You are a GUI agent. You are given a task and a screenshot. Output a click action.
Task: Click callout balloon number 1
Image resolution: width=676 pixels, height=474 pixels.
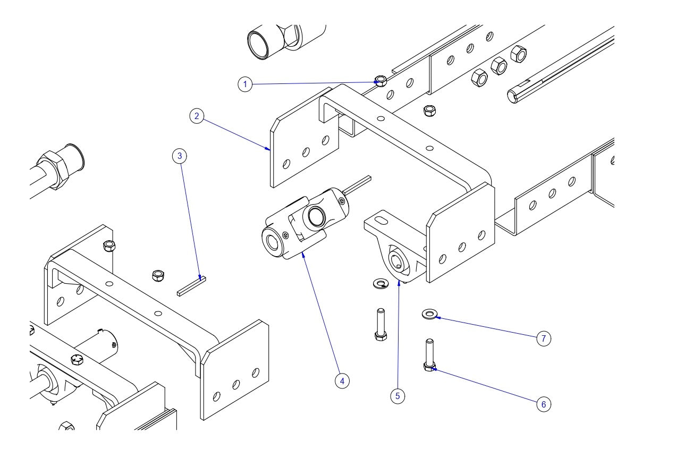245,84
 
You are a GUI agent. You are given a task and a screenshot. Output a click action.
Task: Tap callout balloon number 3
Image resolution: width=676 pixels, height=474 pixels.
180,156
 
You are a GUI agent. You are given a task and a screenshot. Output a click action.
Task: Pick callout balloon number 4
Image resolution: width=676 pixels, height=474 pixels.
342,380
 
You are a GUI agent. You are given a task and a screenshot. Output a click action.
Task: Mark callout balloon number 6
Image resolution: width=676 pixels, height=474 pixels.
543,404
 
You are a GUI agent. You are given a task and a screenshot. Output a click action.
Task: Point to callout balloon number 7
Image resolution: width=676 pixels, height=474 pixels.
543,338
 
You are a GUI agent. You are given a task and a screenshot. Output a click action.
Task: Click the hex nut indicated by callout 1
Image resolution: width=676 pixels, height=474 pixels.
381,81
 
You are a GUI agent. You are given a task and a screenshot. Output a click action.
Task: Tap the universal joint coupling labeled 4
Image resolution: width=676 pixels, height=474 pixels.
303,223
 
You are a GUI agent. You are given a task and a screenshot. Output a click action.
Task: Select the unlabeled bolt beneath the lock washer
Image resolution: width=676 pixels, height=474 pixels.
381,324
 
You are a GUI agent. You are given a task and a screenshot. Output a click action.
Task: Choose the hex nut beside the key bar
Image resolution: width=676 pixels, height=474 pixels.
158,275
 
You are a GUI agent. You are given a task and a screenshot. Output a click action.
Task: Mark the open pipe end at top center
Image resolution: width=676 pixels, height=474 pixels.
260,43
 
